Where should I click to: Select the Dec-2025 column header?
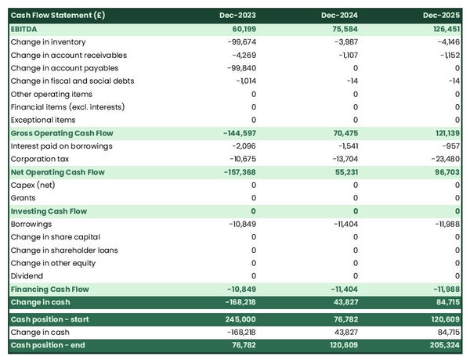click(441, 15)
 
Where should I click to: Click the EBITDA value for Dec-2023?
click(240, 28)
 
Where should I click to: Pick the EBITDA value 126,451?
click(442, 28)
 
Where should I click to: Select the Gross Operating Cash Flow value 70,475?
click(341, 133)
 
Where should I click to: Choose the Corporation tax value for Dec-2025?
click(443, 159)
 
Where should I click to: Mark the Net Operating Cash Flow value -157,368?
click(237, 172)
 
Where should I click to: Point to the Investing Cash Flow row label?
click(49, 211)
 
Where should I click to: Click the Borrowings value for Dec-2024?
click(342, 224)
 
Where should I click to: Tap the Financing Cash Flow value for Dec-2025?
click(443, 289)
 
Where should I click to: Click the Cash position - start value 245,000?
click(238, 319)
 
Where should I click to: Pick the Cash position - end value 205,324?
click(441, 345)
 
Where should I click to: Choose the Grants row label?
click(23, 198)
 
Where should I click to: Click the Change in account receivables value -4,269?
click(242, 55)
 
